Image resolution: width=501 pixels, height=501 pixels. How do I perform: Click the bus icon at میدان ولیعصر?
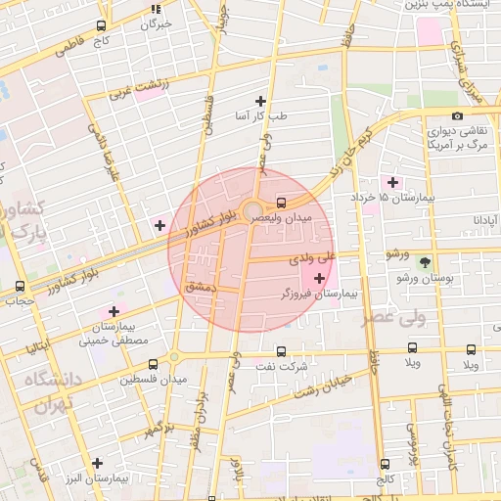tap(282, 204)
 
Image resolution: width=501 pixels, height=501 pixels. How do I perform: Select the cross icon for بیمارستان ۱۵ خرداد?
tap(393, 182)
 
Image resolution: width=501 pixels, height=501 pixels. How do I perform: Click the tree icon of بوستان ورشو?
tap(425, 262)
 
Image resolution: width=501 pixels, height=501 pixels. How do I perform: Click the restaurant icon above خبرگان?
tap(155, 9)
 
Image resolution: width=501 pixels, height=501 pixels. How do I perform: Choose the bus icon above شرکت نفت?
tap(282, 350)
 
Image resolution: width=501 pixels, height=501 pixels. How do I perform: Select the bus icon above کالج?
tap(384, 465)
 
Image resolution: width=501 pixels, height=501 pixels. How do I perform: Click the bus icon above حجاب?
tap(20, 287)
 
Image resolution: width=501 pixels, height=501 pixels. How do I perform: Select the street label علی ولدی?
tap(312, 259)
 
